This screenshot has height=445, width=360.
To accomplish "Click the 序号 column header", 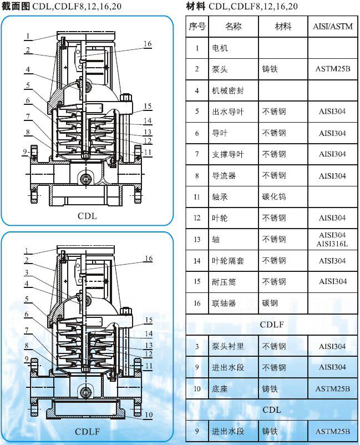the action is [x=197, y=27].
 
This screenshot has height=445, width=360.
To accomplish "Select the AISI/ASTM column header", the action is [x=333, y=27].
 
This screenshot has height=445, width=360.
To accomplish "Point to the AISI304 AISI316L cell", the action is [x=332, y=239].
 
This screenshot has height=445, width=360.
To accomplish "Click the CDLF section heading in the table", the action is [x=272, y=325].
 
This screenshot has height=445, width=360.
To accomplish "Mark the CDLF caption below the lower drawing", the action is [x=88, y=432].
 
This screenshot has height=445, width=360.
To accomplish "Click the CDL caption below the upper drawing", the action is [x=88, y=216].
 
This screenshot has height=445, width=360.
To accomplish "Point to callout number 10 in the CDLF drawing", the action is [x=149, y=414].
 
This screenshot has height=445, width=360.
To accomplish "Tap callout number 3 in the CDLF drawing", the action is [x=27, y=272].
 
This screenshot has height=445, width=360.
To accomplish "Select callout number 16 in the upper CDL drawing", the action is [x=148, y=44].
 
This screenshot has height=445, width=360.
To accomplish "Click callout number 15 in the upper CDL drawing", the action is [x=148, y=106].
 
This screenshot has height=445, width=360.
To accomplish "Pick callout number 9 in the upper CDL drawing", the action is [x=25, y=152].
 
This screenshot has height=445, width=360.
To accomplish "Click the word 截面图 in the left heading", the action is [x=16, y=6].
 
